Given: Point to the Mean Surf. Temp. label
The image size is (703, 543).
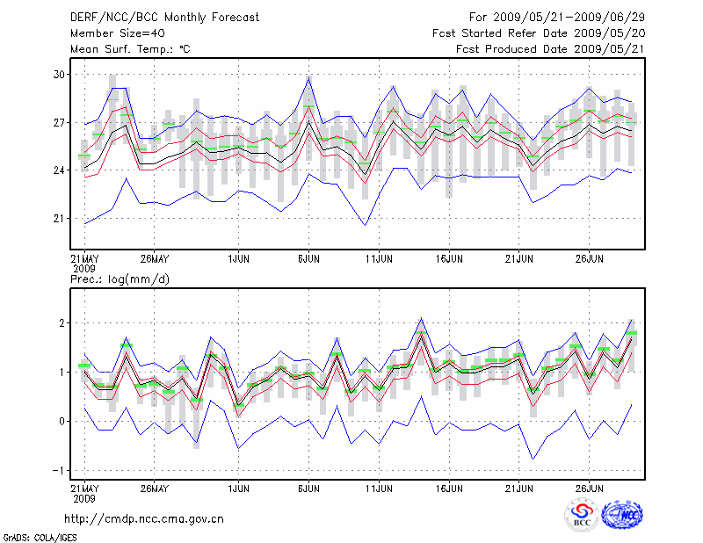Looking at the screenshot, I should [x=130, y=49].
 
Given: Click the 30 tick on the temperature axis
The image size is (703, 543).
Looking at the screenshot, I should [x=60, y=75].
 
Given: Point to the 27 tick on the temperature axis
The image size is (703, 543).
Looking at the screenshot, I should [x=60, y=123].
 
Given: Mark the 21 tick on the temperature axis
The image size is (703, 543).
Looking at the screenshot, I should [x=60, y=218].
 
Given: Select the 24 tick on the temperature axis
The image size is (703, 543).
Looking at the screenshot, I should [x=60, y=170].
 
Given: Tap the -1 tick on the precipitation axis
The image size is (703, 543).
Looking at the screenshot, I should [x=58, y=470].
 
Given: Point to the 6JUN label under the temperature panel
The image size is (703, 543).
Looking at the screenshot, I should [x=308, y=259].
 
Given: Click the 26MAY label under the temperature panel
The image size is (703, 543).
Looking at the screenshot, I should [x=154, y=259].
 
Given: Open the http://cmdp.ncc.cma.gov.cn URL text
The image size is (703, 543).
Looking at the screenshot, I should [x=145, y=518].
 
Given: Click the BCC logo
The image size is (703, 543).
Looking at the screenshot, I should [x=582, y=515].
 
